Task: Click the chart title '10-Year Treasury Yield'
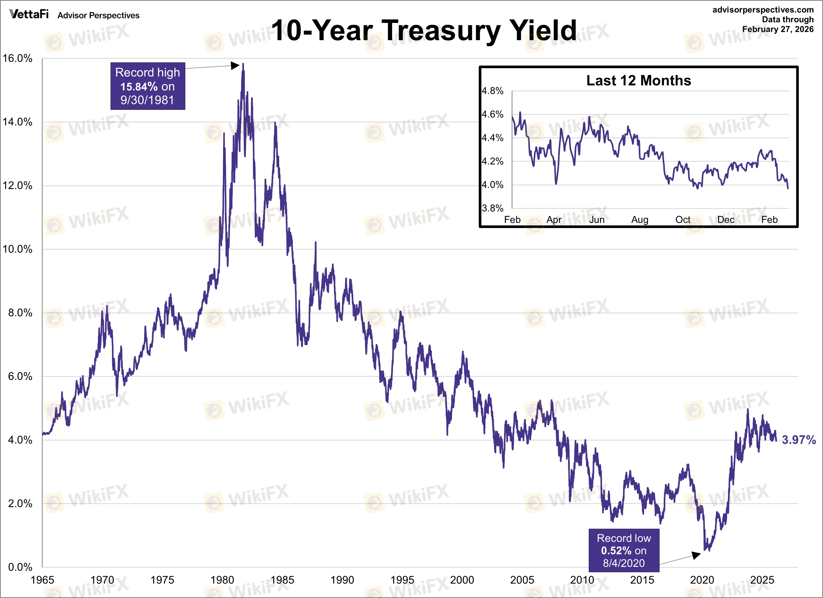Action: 424,31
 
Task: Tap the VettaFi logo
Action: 29,14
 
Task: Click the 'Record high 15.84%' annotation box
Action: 148,86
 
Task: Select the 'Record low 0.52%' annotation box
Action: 624,550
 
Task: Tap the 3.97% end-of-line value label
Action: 798,440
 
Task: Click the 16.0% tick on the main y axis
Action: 17,58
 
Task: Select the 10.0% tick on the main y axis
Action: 17,249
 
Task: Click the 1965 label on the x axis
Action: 42,580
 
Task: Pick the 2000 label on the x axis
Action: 462,580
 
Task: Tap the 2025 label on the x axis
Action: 762,580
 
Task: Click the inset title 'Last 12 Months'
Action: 639,81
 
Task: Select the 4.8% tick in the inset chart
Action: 492,91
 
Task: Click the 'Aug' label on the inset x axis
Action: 640,220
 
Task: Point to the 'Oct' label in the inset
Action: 682,220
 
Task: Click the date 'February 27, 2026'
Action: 778,29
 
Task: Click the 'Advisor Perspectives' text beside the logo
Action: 98,15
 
